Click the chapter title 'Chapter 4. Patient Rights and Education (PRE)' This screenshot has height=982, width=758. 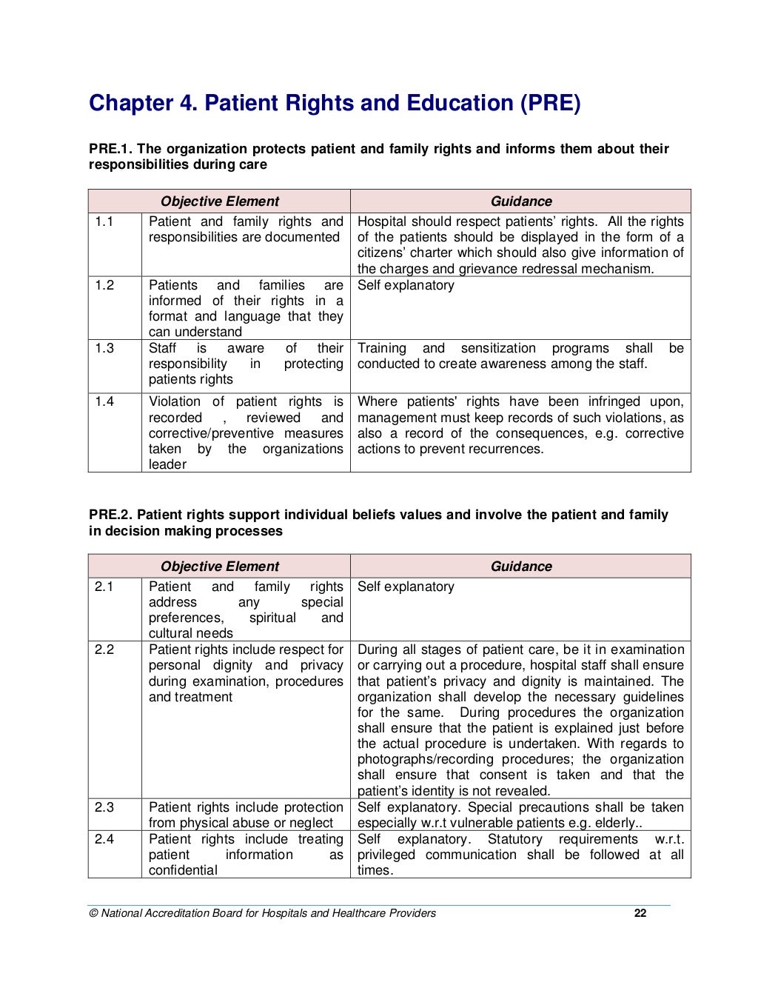335,103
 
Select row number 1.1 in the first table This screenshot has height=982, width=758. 104,221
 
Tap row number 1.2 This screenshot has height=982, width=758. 104,285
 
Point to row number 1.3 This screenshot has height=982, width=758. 104,348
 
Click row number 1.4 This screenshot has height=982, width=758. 104,401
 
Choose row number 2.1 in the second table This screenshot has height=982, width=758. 104,587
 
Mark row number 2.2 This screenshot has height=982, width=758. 104,649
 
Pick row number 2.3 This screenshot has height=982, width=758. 104,807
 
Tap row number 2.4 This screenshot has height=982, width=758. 104,839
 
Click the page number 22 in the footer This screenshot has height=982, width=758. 640,913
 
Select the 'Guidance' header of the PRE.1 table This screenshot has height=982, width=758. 521,201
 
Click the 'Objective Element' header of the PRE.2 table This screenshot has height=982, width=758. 220,567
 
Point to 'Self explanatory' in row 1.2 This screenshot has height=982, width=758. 406,285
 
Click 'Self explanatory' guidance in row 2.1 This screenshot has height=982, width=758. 406,587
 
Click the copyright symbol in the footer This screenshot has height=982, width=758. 93,913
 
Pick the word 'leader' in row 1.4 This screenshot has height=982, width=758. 167,464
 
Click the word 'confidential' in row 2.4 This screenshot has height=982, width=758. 183,870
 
